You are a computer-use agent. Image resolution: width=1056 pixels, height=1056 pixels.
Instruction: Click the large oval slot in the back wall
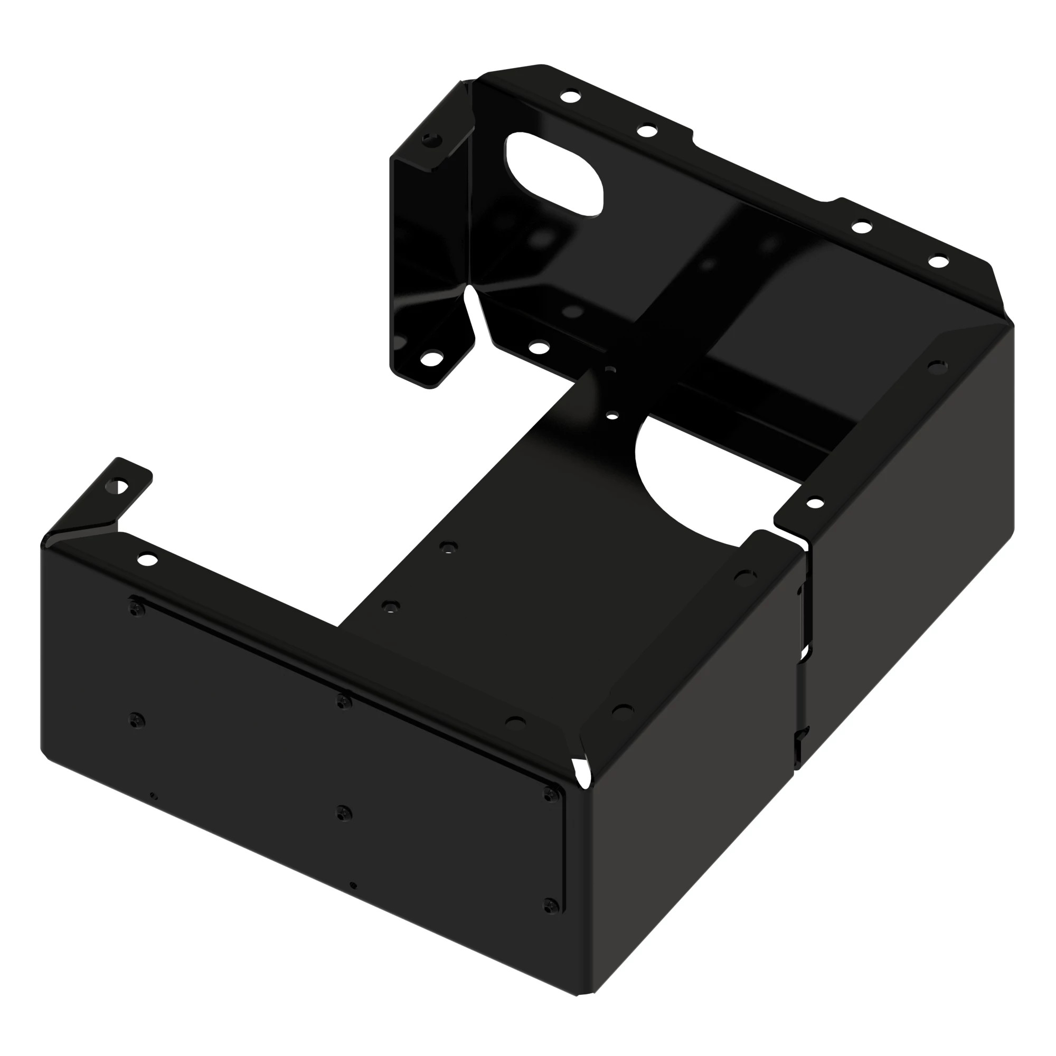[554, 174]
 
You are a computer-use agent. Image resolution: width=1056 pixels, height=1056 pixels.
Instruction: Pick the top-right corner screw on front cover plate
[552, 793]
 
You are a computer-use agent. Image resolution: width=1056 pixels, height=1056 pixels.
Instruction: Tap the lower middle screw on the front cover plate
[343, 813]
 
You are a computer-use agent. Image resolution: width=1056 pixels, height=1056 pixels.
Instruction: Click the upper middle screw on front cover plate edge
[343, 701]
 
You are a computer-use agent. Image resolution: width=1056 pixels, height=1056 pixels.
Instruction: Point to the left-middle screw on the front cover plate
[137, 720]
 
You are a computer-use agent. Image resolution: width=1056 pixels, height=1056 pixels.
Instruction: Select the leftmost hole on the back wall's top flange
[571, 97]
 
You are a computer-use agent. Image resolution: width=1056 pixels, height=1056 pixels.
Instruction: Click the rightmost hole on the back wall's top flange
[938, 261]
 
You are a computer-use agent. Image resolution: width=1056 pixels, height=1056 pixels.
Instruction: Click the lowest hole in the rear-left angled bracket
[431, 359]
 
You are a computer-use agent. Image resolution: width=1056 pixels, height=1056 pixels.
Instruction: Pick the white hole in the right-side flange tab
[814, 503]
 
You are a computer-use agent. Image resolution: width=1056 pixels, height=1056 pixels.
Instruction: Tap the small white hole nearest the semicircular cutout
[613, 416]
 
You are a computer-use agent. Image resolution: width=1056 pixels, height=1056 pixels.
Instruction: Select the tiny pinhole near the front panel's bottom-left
[153, 796]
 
